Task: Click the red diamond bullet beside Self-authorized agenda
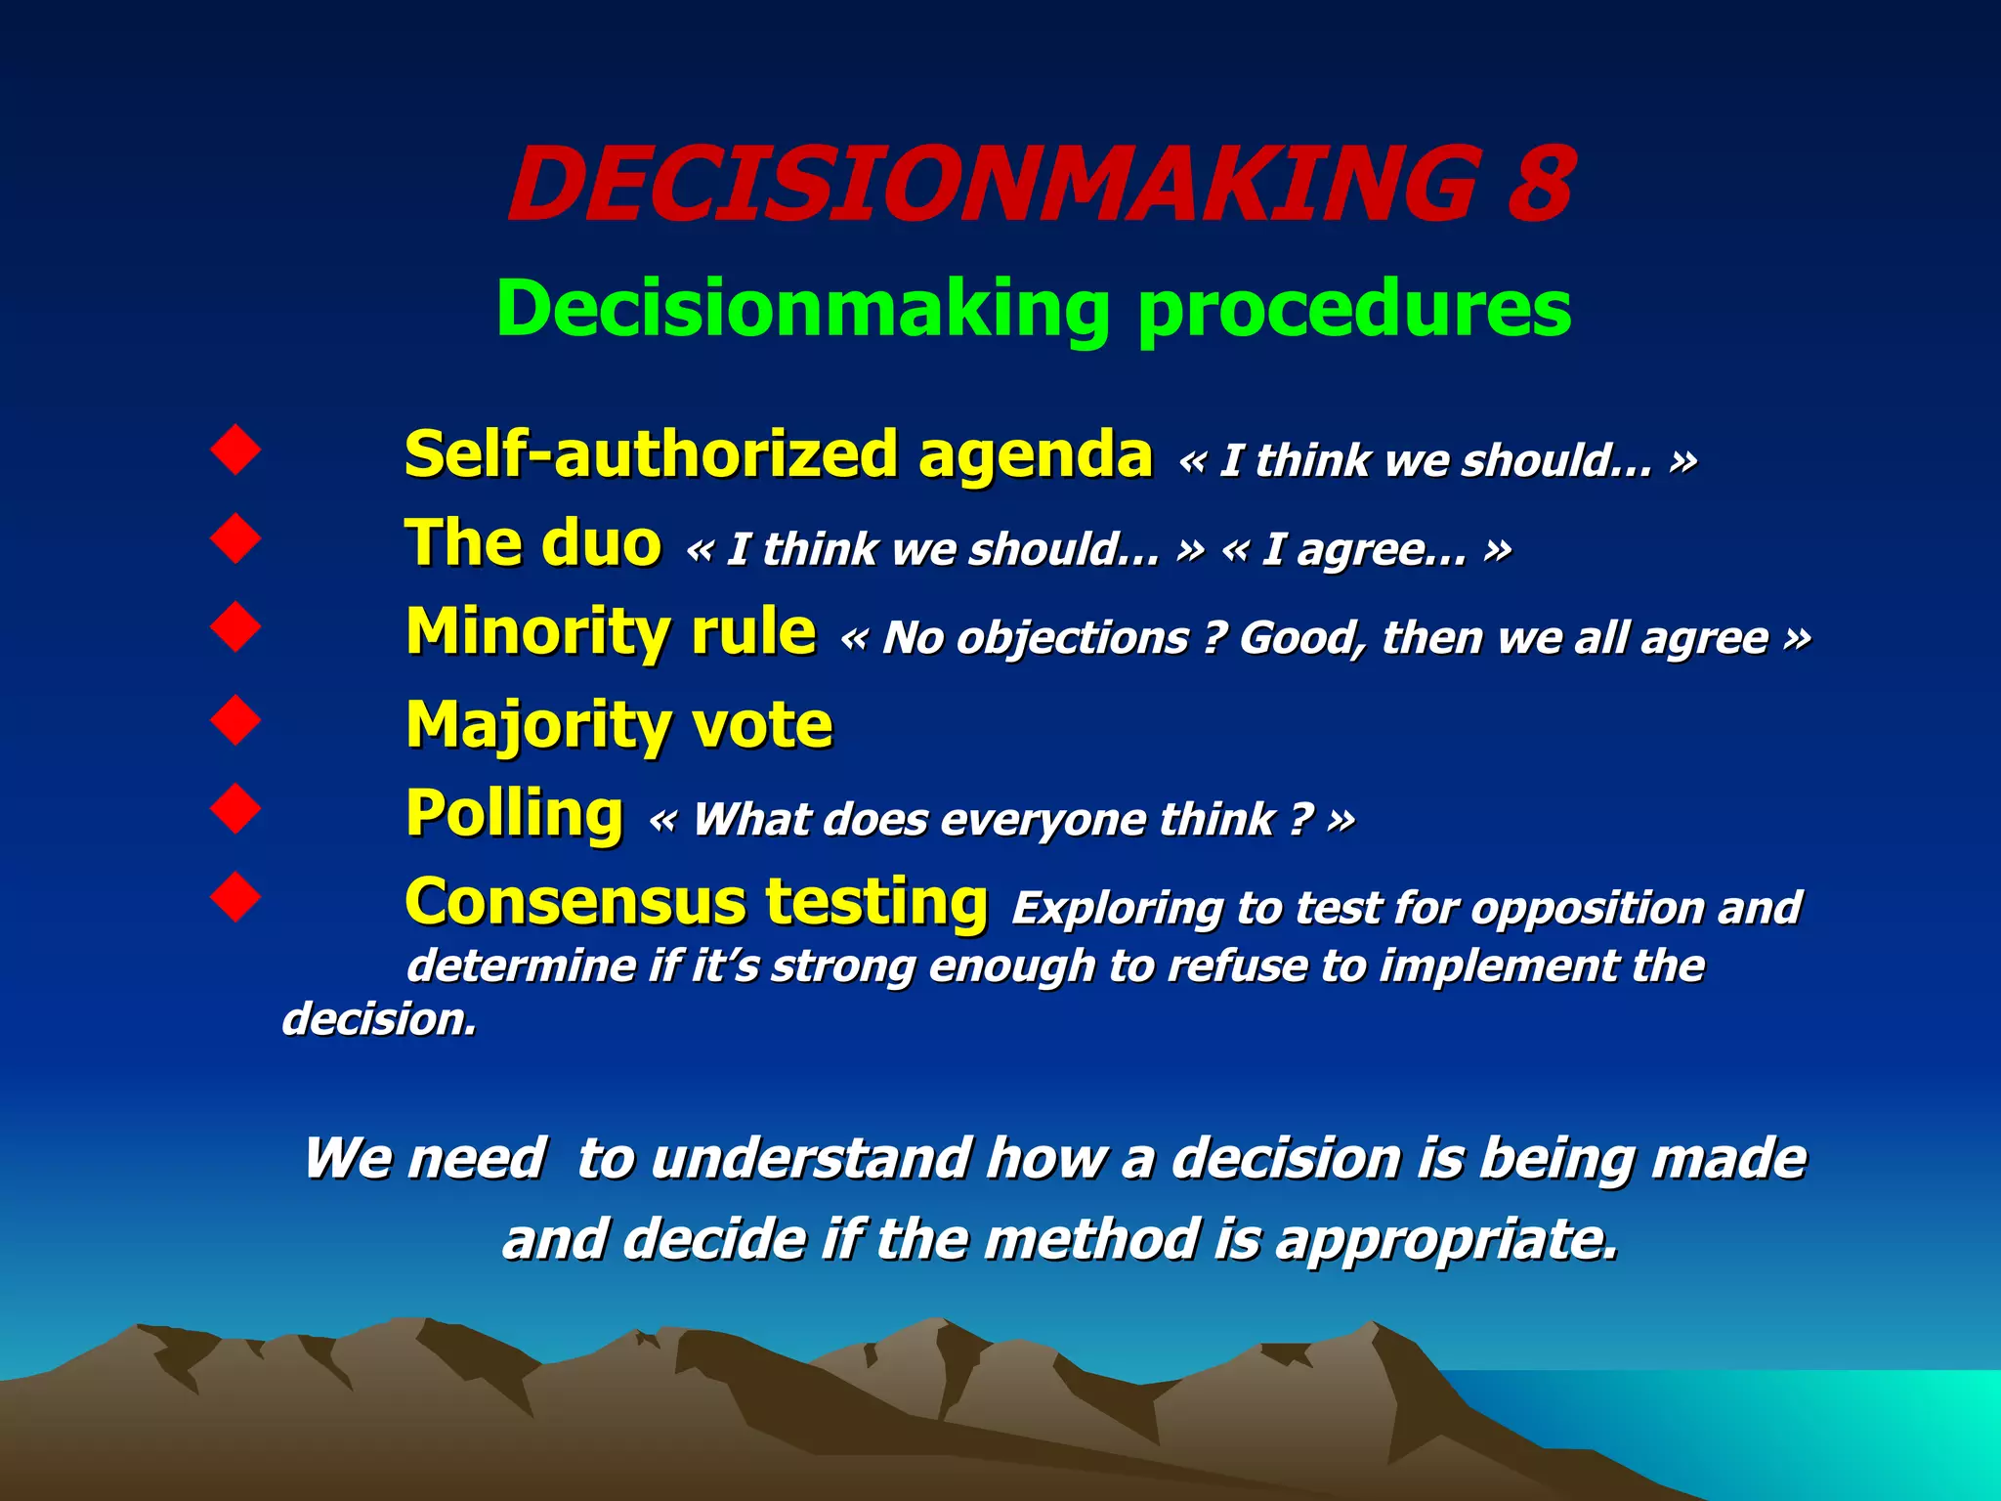235,450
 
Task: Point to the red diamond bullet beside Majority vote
235,720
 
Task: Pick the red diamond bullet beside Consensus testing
235,896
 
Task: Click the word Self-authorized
650,454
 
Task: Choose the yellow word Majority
535,725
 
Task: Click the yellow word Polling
514,813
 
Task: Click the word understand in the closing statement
811,1159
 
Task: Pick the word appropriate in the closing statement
1446,1240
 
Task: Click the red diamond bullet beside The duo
235,537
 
